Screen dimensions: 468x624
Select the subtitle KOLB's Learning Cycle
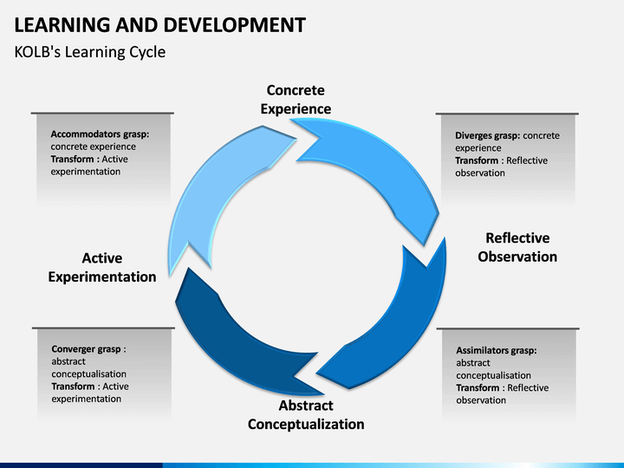(89, 52)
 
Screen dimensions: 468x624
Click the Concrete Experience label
(296, 100)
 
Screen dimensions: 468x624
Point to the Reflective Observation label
(517, 247)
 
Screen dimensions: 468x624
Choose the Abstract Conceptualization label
(306, 415)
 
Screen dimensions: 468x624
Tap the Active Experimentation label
(102, 268)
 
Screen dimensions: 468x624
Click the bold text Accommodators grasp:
(100, 134)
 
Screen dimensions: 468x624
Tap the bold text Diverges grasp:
(488, 136)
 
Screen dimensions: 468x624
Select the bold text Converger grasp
(86, 349)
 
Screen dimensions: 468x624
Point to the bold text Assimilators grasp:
(497, 351)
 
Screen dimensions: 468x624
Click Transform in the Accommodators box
(72, 159)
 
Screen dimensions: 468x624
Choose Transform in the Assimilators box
(478, 388)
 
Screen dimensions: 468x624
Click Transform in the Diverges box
(477, 161)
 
